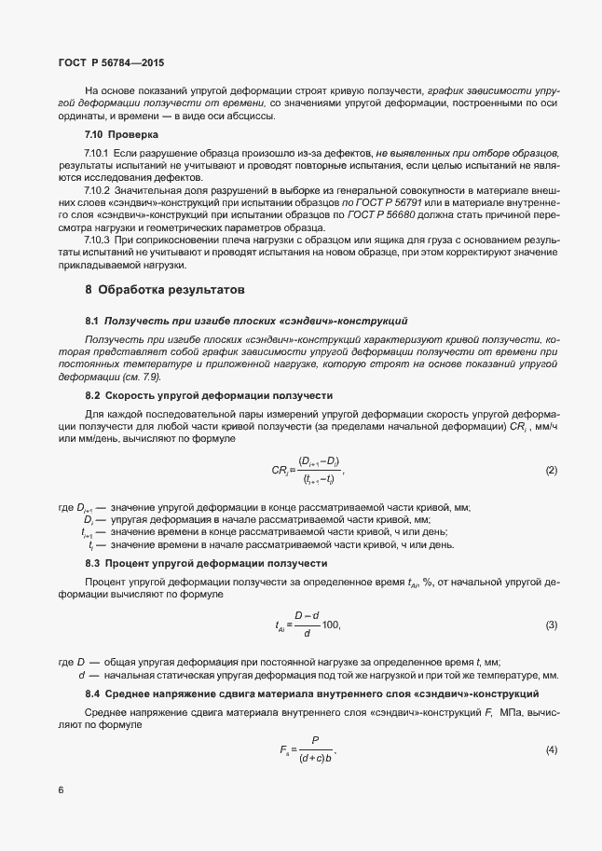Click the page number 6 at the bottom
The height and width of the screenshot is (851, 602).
point(61,789)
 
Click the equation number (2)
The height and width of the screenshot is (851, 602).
point(551,471)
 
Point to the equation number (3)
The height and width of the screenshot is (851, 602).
point(551,624)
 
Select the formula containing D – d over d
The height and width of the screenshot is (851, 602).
point(308,624)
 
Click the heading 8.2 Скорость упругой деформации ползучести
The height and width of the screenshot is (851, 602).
point(209,395)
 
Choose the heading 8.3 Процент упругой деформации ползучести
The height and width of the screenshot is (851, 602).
point(206,564)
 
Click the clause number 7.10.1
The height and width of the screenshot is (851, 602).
point(98,151)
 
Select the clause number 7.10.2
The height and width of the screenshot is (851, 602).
point(98,189)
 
